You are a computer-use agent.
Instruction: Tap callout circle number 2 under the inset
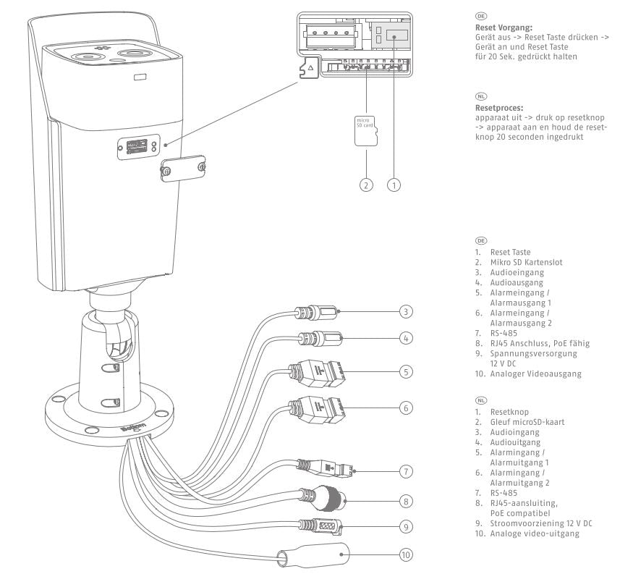(x=367, y=185)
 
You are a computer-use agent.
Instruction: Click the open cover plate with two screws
(x=183, y=166)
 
